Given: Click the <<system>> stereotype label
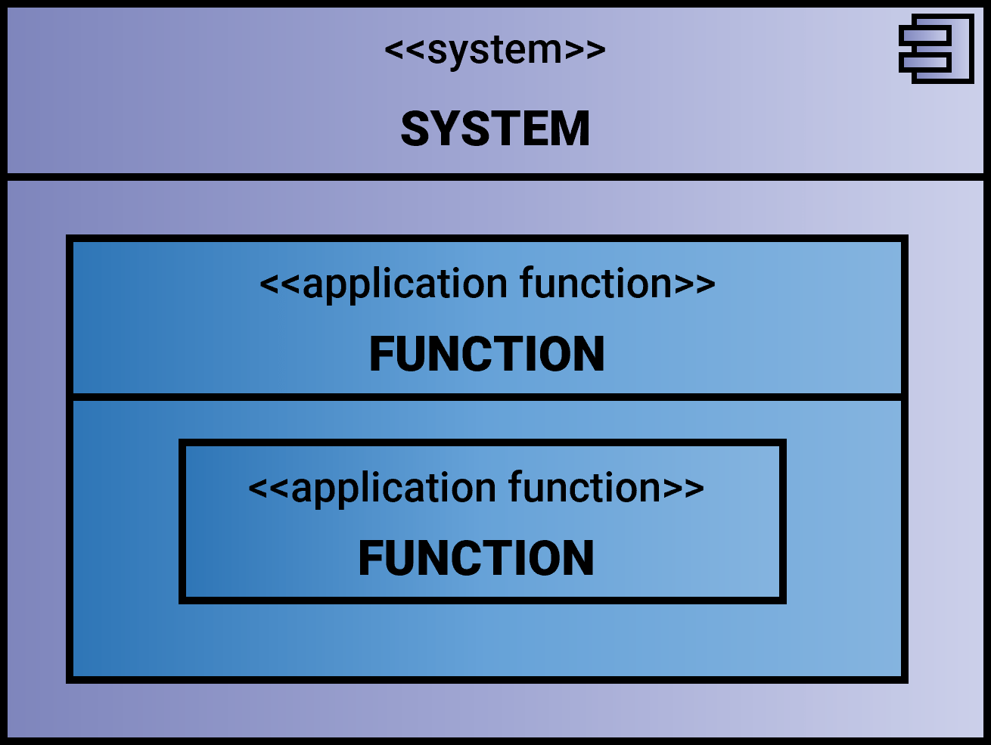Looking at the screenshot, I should click(x=495, y=51).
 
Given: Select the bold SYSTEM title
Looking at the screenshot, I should click(x=495, y=129).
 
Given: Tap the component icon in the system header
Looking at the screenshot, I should click(x=937, y=48).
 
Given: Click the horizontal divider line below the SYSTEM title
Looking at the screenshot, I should click(x=495, y=177).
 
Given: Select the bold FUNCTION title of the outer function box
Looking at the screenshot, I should click(x=486, y=354).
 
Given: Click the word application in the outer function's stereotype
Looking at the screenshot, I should click(x=405, y=285).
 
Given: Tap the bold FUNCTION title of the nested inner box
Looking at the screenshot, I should click(x=476, y=558).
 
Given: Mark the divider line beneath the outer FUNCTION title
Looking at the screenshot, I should click(x=486, y=396).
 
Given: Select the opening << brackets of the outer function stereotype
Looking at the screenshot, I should click(x=280, y=284).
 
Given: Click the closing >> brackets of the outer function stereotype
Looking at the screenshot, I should click(x=694, y=284).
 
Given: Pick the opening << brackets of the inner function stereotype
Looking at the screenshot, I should click(x=269, y=489).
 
